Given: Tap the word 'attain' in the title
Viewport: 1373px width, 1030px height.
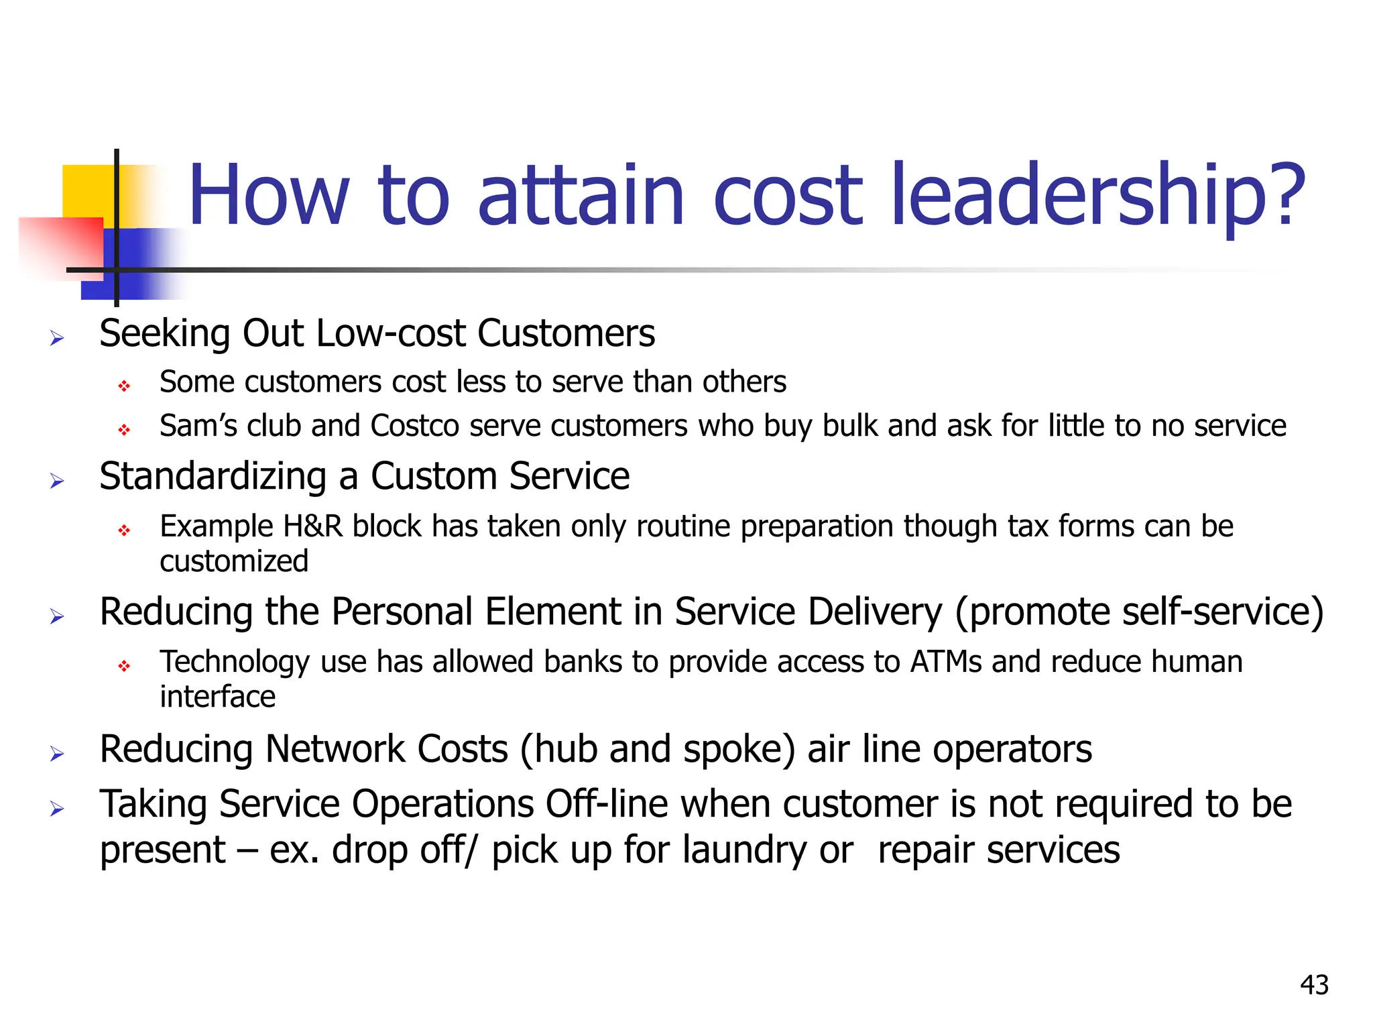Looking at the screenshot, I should pos(581,196).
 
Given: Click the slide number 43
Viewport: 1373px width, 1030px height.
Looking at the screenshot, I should pos(1314,985).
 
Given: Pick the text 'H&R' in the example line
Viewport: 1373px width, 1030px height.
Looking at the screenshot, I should pos(313,526).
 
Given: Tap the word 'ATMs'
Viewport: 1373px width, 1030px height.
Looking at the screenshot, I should pos(946,662).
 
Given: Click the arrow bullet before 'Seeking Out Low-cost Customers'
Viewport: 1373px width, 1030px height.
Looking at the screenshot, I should pos(57,338).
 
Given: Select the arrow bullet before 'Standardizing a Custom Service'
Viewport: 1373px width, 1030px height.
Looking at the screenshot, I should pos(57,481).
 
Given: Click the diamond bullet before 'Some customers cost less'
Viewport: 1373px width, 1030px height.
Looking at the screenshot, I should pos(124,386).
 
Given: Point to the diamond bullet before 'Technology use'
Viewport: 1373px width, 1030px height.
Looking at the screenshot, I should pos(124,666).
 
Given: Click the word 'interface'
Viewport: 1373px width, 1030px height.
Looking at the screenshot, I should pos(217,697).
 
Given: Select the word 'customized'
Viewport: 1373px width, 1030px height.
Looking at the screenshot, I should pos(234,561).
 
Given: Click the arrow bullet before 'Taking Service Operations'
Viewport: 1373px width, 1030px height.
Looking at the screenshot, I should pos(57,809).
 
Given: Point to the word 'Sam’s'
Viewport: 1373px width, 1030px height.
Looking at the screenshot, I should pos(198,426).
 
